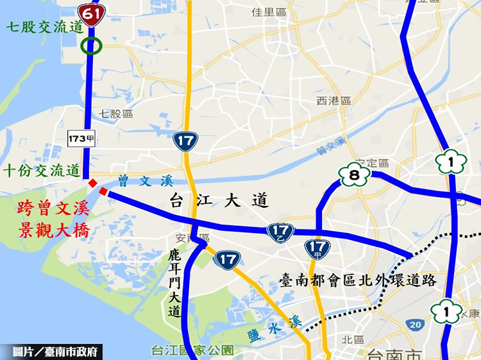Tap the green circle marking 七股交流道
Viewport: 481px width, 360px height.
coord(91,46)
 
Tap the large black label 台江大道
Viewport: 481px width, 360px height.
coord(219,201)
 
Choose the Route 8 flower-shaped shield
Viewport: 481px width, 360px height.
coord(354,174)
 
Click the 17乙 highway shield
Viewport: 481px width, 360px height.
coord(281,232)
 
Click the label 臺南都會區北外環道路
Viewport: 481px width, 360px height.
coord(359,280)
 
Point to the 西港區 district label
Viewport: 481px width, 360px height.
coord(333,101)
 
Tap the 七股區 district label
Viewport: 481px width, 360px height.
coord(116,114)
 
